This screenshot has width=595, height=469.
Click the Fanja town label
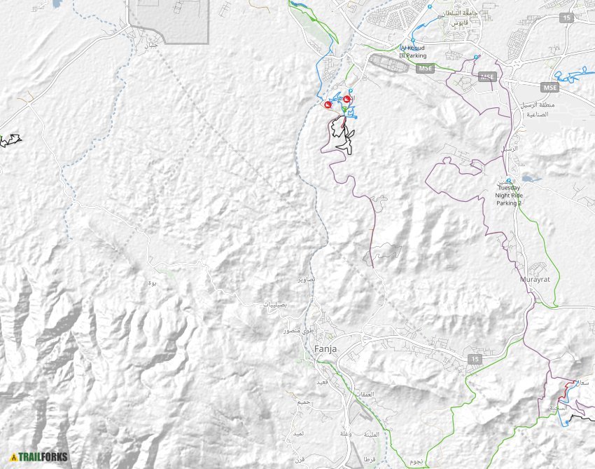point(325,348)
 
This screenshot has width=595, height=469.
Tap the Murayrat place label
point(535,280)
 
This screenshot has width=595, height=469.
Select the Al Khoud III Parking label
point(412,51)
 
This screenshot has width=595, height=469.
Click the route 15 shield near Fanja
point(475,359)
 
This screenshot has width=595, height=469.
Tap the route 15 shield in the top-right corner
point(566,18)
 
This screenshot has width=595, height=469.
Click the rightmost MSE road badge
point(549,87)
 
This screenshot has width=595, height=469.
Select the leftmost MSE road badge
point(425,69)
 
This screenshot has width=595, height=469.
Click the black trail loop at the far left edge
point(10,140)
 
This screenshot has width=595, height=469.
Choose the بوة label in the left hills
point(153,283)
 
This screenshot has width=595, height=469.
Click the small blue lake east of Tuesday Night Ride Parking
point(531,179)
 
